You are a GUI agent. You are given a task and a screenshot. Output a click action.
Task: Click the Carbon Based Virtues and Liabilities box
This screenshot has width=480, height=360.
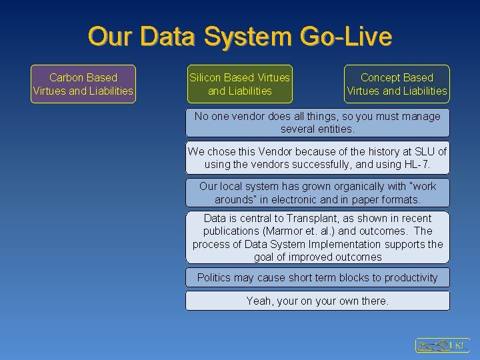coord(83,84)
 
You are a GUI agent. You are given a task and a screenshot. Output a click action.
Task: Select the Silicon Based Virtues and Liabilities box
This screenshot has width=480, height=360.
coord(240,84)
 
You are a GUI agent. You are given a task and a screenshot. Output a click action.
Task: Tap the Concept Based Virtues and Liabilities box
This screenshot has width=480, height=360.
coord(397,84)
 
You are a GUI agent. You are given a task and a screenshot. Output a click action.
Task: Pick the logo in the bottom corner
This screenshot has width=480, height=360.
coord(442,345)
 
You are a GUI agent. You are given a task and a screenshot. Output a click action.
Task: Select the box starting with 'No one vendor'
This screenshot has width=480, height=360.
coord(317,123)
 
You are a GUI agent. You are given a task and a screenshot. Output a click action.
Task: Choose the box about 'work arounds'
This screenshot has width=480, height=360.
coord(317,193)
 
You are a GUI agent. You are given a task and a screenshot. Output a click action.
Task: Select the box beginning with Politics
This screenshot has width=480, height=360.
coord(317,277)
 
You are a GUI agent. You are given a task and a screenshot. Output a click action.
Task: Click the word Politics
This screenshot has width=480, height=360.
coord(217,277)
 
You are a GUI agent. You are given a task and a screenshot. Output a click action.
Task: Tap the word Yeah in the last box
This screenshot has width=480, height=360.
coord(259,301)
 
